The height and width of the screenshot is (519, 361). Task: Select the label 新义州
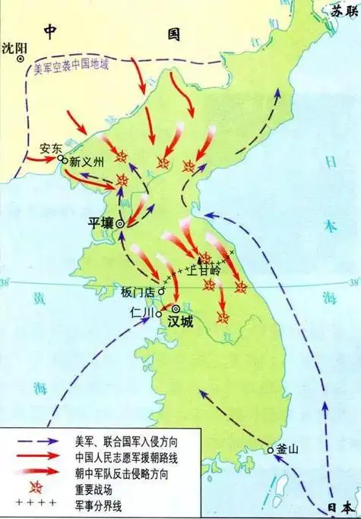click(85, 162)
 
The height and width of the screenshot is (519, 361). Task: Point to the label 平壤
click(101, 223)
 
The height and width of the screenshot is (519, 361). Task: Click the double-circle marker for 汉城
click(175, 309)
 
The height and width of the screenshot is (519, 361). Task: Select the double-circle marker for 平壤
click(119, 224)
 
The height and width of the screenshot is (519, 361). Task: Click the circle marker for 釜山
click(270, 451)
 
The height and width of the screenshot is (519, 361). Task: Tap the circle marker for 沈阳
click(24, 63)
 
